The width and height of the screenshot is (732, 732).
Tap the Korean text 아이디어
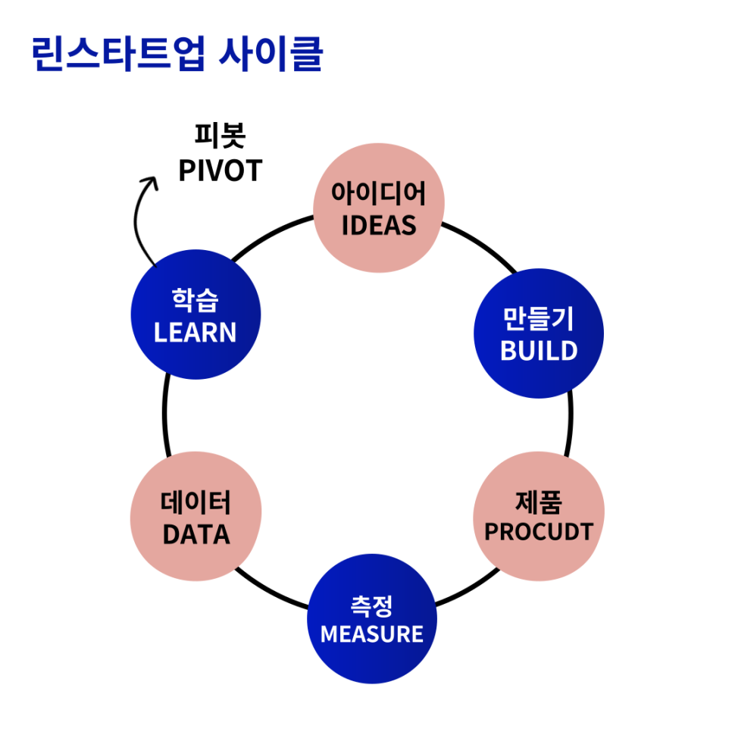coord(378,196)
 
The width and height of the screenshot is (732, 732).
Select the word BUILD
coord(539,351)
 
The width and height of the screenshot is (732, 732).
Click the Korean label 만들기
coord(538,320)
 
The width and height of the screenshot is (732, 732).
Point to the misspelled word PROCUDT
coord(539,532)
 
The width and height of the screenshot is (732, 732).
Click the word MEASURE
coord(371,633)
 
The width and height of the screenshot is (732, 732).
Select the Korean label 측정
coord(371,605)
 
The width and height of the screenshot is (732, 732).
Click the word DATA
coord(196,534)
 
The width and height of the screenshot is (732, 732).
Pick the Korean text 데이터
coord(196,503)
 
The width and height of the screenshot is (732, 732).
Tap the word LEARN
coord(196,332)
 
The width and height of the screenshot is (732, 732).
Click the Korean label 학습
coord(196,301)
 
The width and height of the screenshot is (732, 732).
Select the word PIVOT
coord(220,170)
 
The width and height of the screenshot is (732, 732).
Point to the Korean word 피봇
coord(220,138)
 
